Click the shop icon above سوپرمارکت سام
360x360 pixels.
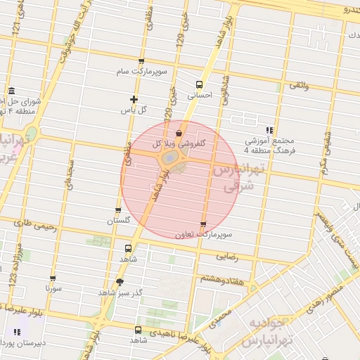coord(141,61)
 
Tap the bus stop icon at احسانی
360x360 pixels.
coord(199,84)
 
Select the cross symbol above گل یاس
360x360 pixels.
coord(134,99)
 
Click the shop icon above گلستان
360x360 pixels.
coord(118,210)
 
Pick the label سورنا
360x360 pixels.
coord(54,288)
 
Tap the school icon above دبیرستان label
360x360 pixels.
coord(17,332)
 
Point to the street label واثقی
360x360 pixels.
coord(297,85)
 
